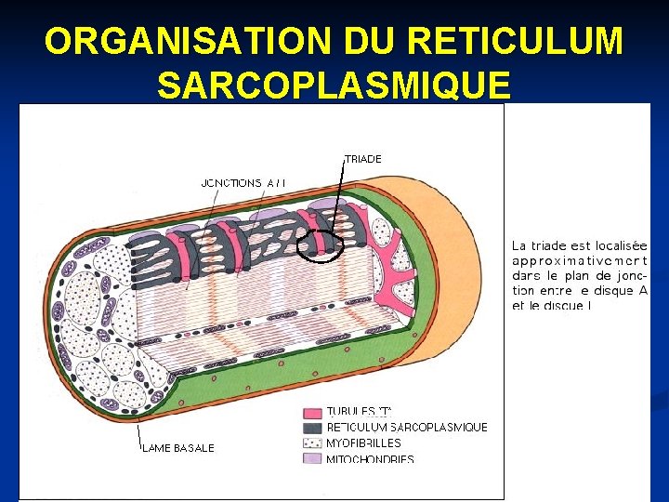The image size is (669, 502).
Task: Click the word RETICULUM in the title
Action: (x=516, y=41)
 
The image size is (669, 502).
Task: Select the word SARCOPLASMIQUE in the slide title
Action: (x=334, y=85)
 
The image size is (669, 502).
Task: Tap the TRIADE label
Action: (x=363, y=159)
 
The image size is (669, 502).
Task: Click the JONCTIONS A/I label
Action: (x=243, y=183)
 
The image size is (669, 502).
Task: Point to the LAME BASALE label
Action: (x=178, y=448)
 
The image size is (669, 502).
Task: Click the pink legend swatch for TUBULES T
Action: (x=311, y=412)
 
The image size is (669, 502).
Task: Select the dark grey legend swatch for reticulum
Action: (x=311, y=428)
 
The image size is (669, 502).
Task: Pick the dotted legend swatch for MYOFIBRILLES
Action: (x=311, y=443)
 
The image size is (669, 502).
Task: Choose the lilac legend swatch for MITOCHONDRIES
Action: (x=311, y=458)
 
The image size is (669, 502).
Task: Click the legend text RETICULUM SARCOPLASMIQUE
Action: (x=407, y=428)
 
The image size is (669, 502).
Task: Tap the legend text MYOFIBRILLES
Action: (x=363, y=443)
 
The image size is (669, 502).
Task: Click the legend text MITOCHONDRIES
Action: (x=370, y=459)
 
